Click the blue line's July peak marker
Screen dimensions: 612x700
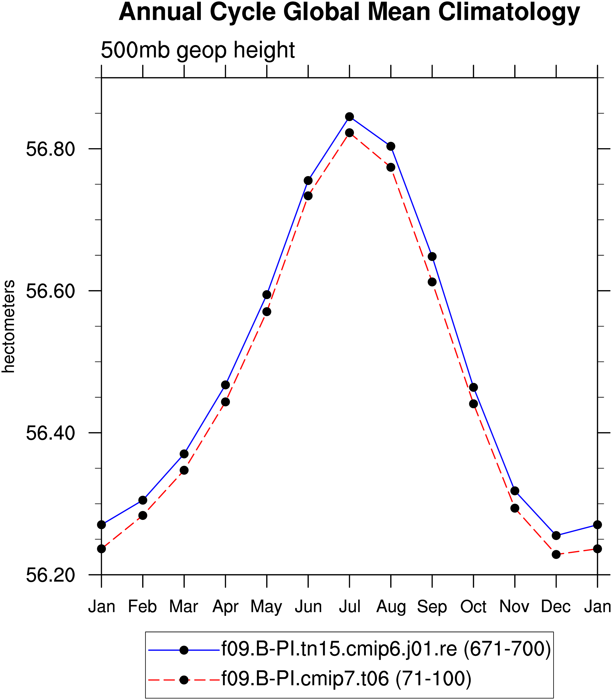point(349,117)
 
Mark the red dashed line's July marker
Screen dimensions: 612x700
point(349,132)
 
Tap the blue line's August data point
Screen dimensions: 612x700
point(391,146)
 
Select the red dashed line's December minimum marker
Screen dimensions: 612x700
point(556,555)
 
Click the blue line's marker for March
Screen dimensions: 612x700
point(184,454)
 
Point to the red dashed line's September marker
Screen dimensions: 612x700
point(432,282)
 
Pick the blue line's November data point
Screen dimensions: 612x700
point(515,491)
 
